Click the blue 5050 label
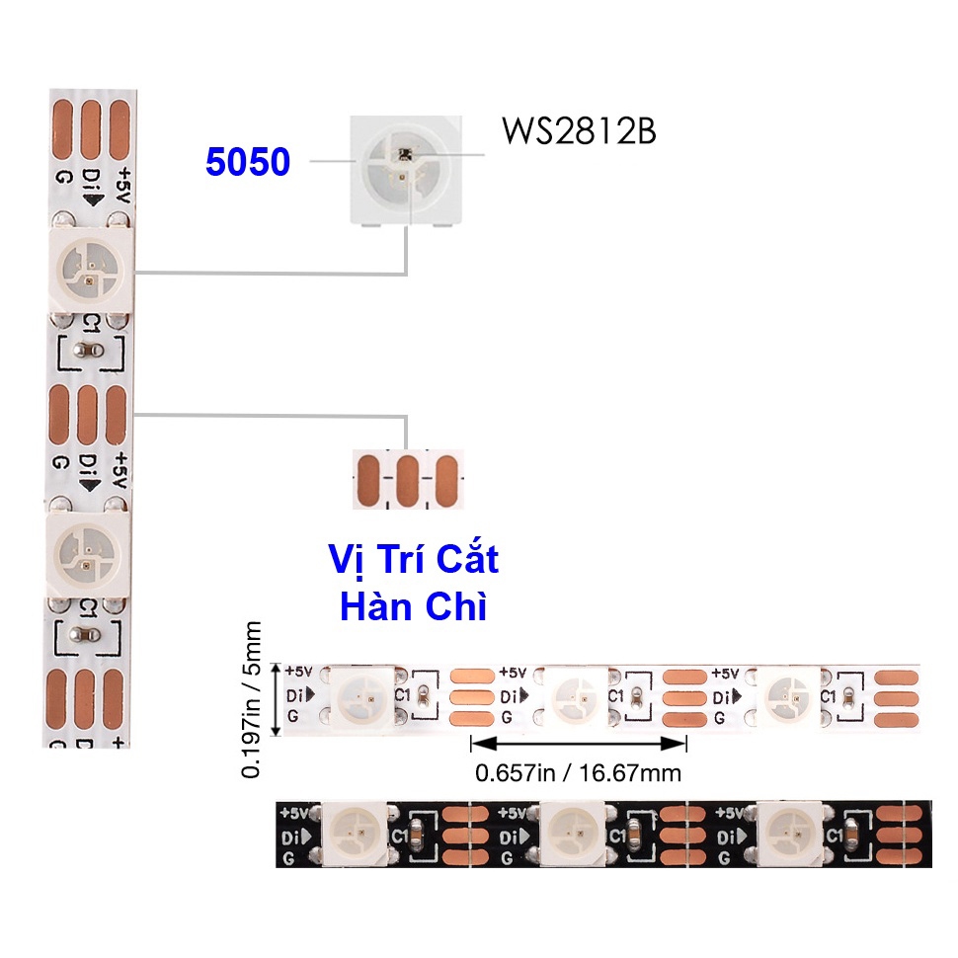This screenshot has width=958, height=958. point(248,162)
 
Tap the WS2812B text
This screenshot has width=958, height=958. point(578,131)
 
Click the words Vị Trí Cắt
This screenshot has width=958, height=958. point(413,560)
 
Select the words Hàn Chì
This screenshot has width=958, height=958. point(413,606)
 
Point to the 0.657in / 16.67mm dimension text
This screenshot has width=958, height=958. point(578,772)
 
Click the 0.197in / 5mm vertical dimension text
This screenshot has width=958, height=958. point(253,699)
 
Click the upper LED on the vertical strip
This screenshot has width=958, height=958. point(89,270)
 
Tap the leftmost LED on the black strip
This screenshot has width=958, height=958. point(355,831)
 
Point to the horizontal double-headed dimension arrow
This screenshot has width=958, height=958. point(578,742)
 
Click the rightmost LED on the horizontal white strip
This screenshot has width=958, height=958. point(790,695)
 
